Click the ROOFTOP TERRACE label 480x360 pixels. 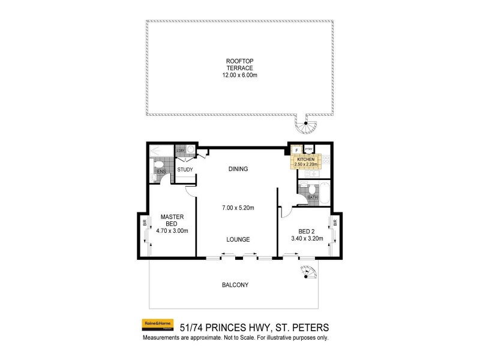coord(239,65)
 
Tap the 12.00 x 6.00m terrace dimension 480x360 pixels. coord(239,76)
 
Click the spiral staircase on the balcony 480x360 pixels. coord(308,273)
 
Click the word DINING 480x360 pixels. coord(238,169)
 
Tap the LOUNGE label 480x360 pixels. coord(238,239)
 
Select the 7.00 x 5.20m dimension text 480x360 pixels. coord(238,208)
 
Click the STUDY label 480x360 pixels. coord(185,169)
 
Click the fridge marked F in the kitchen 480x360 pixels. coord(296,149)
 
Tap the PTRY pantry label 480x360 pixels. coord(309,149)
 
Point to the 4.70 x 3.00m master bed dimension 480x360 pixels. coord(172,230)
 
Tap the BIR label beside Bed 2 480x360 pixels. coord(335,222)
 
